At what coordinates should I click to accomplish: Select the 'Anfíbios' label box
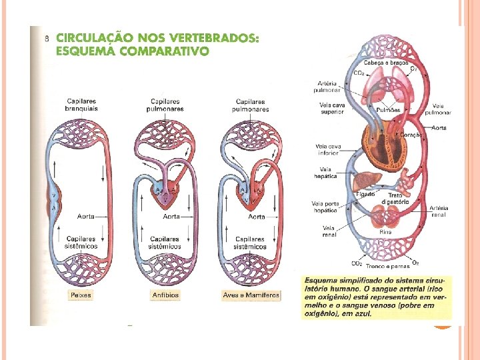point(165,295)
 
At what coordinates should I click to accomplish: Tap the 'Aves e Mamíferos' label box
point(251,295)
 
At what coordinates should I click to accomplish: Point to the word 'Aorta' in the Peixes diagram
point(85,216)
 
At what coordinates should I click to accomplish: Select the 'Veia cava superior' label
point(331,108)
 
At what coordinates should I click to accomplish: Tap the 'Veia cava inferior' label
point(327,149)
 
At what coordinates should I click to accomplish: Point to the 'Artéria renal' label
point(439,211)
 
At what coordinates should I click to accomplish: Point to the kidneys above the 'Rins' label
point(385,215)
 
